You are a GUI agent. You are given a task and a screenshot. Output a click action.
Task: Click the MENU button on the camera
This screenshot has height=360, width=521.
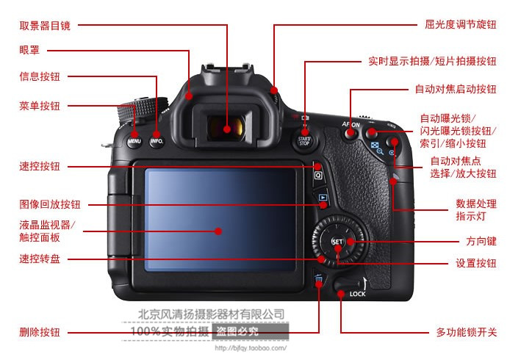pyautogui.click(x=134, y=141)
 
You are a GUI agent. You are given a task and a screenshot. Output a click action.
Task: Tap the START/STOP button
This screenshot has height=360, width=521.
pyautogui.click(x=304, y=141)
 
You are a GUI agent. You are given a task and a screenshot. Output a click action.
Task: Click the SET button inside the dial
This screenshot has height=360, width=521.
pyautogui.click(x=337, y=242)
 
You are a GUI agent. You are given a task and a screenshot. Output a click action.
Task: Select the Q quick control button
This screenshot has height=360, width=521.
pyautogui.click(x=318, y=175)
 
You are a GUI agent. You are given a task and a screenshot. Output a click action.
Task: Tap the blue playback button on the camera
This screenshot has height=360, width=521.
pyautogui.click(x=323, y=198)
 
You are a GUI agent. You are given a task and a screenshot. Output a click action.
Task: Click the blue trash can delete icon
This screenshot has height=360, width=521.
pyautogui.click(x=319, y=281)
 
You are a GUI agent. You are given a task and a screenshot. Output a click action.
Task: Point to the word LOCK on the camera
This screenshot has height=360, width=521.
pyautogui.click(x=358, y=294)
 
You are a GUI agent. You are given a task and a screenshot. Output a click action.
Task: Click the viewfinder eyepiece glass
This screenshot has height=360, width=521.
pyautogui.click(x=226, y=127)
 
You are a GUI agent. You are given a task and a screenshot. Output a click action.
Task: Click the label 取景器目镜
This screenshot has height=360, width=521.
pyautogui.click(x=45, y=26)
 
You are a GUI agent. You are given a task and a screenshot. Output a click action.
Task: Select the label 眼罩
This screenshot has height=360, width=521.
pyautogui.click(x=29, y=50)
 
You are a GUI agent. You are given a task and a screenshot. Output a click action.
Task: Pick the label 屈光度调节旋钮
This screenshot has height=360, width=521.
pyautogui.click(x=460, y=24)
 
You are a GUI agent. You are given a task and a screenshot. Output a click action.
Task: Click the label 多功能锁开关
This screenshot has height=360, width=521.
pyautogui.click(x=466, y=332)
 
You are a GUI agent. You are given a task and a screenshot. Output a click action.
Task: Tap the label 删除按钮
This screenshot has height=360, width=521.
pyautogui.click(x=40, y=332)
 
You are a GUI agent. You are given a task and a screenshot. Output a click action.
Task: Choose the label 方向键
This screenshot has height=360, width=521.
pyautogui.click(x=481, y=241)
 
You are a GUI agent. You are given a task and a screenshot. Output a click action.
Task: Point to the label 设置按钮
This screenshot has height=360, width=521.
pyautogui.click(x=476, y=263)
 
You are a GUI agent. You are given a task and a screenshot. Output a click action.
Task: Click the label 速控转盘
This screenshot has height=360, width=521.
pyautogui.click(x=40, y=259)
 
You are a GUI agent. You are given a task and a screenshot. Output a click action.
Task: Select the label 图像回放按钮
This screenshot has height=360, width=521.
pyautogui.click(x=50, y=204)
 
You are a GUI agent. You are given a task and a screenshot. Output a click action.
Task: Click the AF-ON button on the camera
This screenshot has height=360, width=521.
pyautogui.click(x=350, y=133)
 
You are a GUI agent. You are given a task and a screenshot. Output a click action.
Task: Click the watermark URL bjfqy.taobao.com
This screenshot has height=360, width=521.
pyautogui.click(x=251, y=348)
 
